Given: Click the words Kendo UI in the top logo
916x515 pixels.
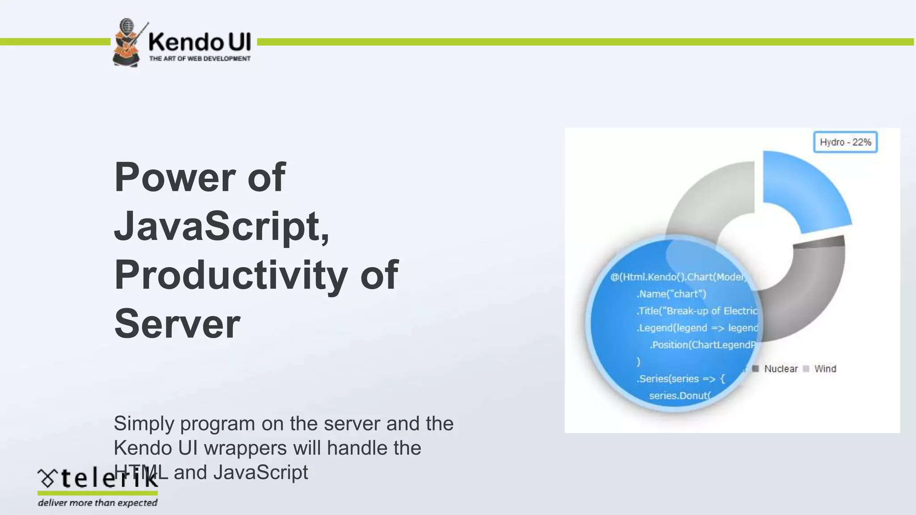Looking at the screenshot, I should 199,42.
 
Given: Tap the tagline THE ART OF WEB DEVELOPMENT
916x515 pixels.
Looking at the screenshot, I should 199,59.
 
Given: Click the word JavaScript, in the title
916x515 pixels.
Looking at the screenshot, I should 221,226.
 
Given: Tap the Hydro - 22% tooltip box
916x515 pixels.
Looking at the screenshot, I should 845,142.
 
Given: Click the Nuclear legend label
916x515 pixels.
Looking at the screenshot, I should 780,369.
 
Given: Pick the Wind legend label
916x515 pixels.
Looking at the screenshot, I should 825,369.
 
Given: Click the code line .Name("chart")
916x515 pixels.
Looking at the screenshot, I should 671,294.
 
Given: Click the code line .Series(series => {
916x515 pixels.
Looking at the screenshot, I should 680,379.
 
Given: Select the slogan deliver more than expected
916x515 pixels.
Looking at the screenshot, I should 98,503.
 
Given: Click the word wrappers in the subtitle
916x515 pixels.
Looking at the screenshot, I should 245,448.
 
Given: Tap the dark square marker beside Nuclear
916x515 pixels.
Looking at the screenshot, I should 755,368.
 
